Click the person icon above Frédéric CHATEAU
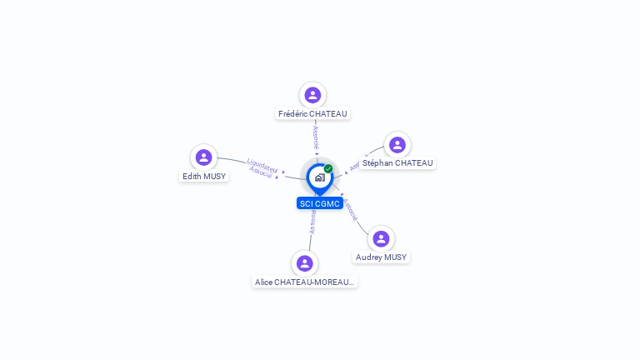pyautogui.click(x=312, y=95)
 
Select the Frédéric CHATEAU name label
pyautogui.click(x=312, y=113)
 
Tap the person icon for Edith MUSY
pyautogui.click(x=203, y=157)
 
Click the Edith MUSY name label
pyautogui.click(x=204, y=176)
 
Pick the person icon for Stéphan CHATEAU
pyautogui.click(x=397, y=145)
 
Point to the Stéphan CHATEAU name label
pyautogui.click(x=397, y=163)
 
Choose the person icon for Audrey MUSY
pyautogui.click(x=381, y=239)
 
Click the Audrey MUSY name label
pyautogui.click(x=381, y=257)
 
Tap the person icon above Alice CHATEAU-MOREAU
pyautogui.click(x=305, y=263)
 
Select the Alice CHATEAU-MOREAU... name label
pyautogui.click(x=305, y=282)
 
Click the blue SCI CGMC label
pyautogui.click(x=319, y=203)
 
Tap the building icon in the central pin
pyautogui.click(x=319, y=177)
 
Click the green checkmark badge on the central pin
pyautogui.click(x=328, y=169)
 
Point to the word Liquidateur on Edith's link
pyautogui.click(x=262, y=164)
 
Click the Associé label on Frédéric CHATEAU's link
pyautogui.click(x=316, y=137)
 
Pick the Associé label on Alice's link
pyautogui.click(x=312, y=221)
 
